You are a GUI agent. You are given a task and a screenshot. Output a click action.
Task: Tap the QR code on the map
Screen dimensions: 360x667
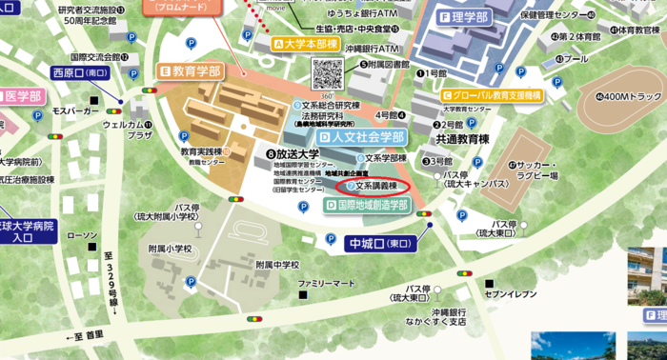coord(327,73)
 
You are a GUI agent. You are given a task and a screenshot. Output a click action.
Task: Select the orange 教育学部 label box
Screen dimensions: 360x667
coord(190,71)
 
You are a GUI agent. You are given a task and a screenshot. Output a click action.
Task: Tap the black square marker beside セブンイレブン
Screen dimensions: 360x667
coord(488,284)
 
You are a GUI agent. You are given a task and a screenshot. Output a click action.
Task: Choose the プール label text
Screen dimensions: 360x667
coord(575,58)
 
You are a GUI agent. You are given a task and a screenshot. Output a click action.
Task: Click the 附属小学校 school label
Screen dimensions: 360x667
coord(170,249)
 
